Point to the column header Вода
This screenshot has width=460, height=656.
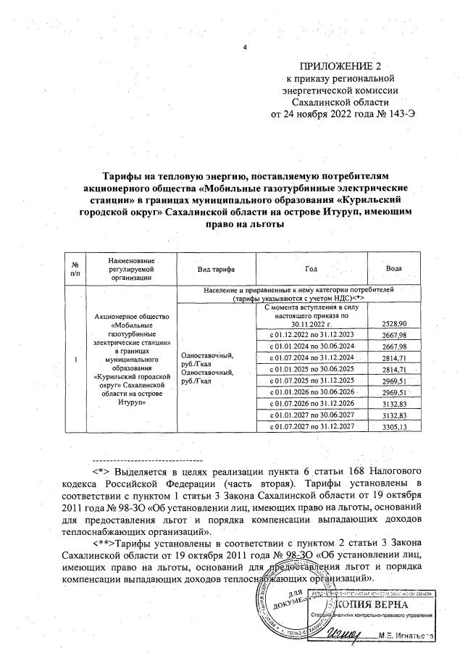click(x=394, y=269)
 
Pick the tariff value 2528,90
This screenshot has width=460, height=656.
click(x=393, y=323)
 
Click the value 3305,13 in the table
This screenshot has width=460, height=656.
click(x=393, y=427)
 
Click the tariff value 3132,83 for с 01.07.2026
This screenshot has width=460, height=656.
click(x=393, y=401)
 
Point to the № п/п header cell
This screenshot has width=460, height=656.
click(x=75, y=269)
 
